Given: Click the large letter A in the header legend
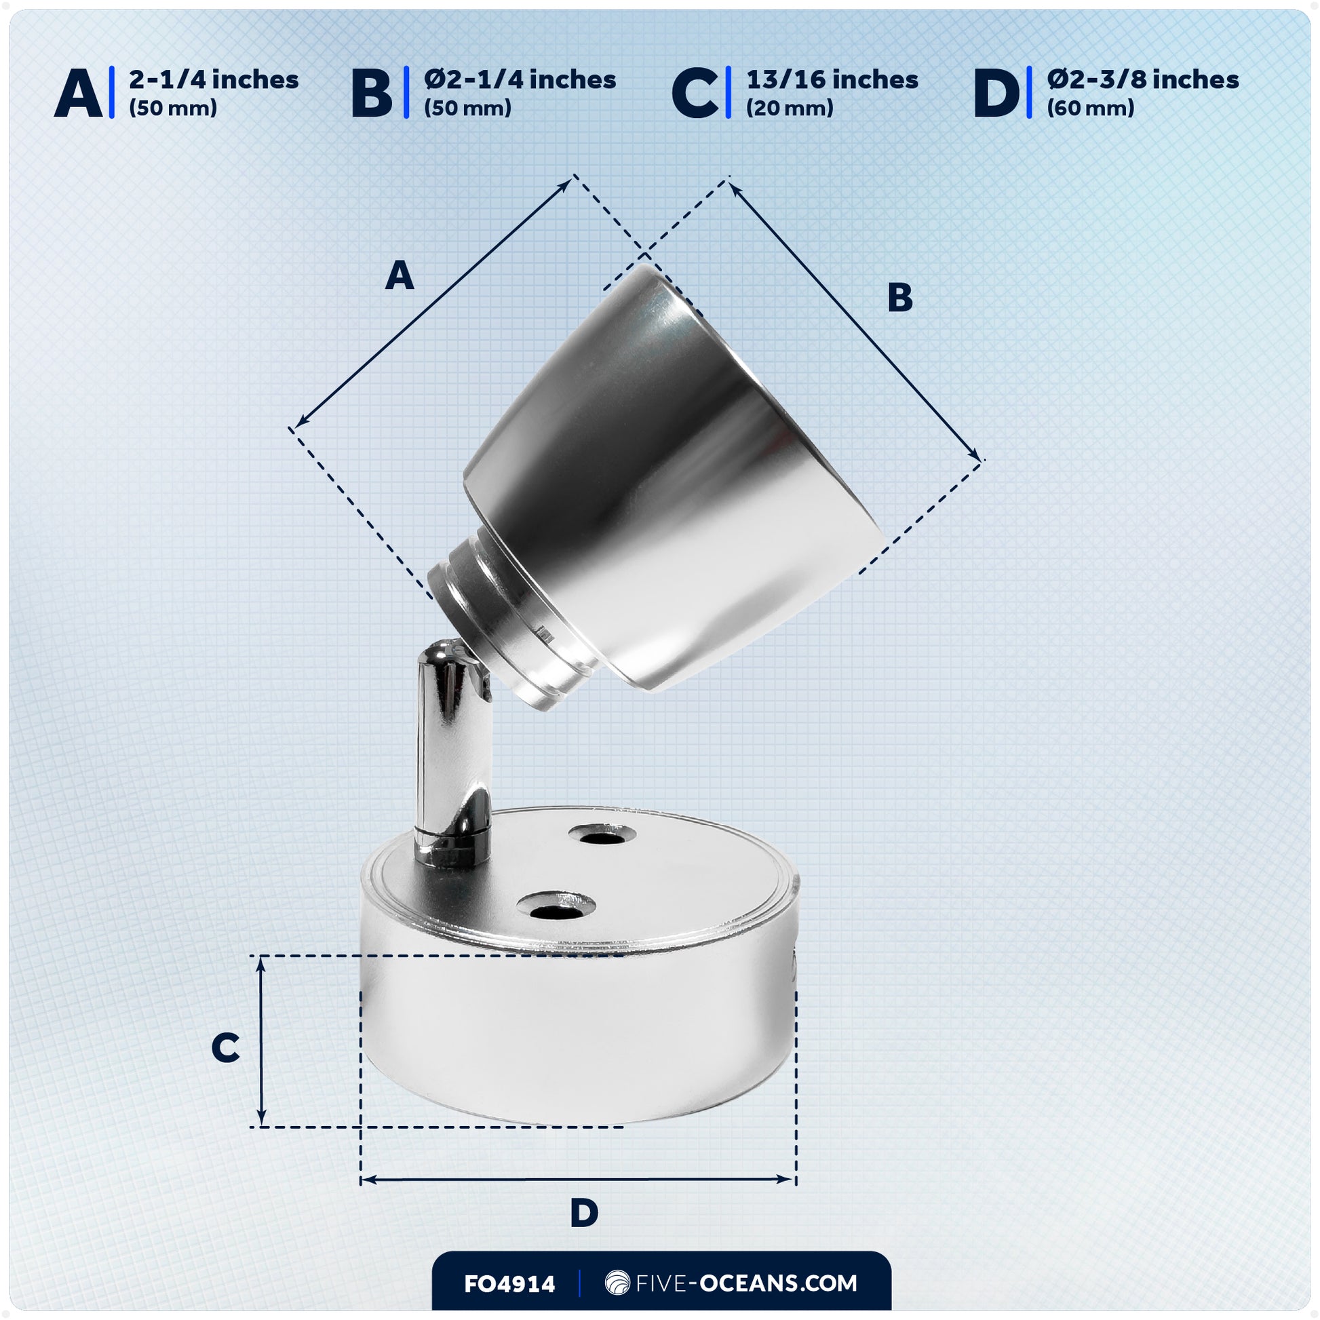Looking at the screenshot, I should point(78,94).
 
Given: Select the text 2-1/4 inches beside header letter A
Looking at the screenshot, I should point(214,80).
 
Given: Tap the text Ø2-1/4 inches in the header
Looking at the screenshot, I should point(520,80).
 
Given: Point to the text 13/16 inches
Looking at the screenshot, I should point(832,80).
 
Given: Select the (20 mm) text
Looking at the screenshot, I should point(789,108).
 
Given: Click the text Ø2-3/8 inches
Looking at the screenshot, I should point(1142,80).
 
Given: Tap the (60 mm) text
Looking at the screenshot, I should point(1091,108).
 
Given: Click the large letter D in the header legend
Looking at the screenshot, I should point(996,94).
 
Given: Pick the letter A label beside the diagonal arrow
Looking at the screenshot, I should point(400,276).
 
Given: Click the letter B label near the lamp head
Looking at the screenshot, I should point(900,298).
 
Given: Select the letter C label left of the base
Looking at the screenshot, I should point(225,1047).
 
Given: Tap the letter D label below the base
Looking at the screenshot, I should point(583,1214).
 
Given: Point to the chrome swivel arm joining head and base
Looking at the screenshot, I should point(453,752).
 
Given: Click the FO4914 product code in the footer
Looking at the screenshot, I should point(509,1284).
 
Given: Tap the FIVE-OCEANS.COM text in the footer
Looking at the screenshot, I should point(745,1283).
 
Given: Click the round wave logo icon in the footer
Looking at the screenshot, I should point(617,1283).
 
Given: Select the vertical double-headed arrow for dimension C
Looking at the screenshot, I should point(260,1041).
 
